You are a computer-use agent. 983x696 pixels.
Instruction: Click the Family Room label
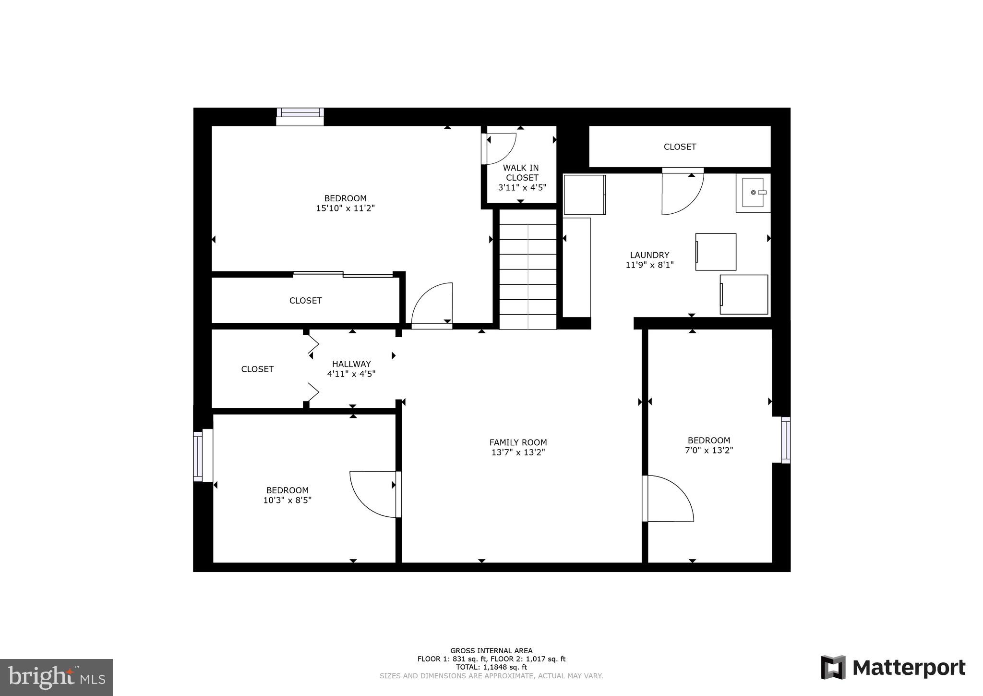coord(518,442)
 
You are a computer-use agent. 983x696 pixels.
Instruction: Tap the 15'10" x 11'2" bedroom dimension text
coord(345,208)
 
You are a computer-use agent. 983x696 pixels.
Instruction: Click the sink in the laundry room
coord(754,193)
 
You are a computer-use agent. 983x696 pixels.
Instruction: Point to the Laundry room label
coord(649,255)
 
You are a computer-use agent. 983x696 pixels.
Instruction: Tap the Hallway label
coord(351,364)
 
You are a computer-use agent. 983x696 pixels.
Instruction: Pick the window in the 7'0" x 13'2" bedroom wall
coord(785,440)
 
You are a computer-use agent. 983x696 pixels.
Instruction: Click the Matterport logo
coord(893,668)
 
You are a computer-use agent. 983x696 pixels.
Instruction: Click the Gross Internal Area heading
coord(491,651)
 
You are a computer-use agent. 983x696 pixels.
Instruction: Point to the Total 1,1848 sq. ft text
coord(491,667)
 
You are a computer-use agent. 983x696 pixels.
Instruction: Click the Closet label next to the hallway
coord(257,369)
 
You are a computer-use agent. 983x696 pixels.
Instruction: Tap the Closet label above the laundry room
coord(680,147)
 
